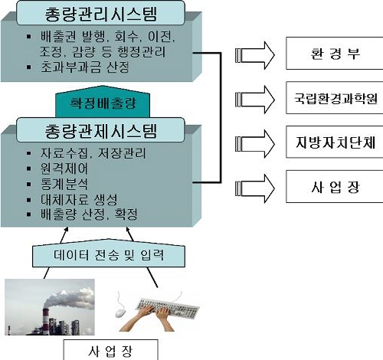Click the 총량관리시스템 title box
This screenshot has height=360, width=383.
coord(100,13)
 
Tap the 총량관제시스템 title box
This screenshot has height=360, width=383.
coord(100,130)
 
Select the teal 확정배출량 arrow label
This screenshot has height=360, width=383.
coord(103,102)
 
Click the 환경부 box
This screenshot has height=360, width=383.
coord(335,53)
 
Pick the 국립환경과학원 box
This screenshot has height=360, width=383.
coord(335,97)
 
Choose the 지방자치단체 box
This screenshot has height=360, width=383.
coord(335,142)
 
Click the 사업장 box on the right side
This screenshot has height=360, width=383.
coord(335,187)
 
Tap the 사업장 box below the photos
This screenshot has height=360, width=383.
coord(110,350)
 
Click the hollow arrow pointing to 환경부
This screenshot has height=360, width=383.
coord(255,55)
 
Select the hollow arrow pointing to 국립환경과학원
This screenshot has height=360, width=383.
coord(255,100)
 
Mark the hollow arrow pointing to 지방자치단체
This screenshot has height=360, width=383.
coord(255,144)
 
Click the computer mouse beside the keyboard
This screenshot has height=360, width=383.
coord(120,312)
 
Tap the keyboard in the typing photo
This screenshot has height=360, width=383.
coord(167,308)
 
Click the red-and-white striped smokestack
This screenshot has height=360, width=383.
coord(45,319)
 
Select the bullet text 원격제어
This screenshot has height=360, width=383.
coord(64,169)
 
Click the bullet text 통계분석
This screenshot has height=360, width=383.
coord(64,184)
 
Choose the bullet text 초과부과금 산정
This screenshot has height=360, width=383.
coord(85,67)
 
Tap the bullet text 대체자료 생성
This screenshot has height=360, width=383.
coord(79,199)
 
